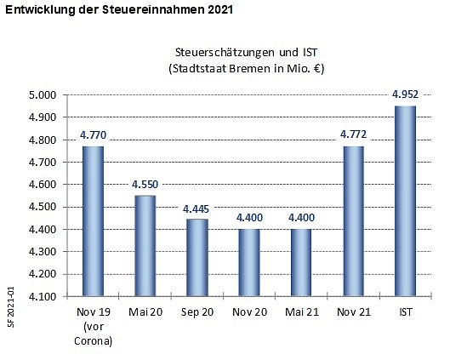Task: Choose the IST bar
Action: pyautogui.click(x=404, y=200)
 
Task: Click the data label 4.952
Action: pyautogui.click(x=404, y=94)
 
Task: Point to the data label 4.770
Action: pyautogui.click(x=93, y=134)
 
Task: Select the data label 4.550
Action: pyautogui.click(x=145, y=184)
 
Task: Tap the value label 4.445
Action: pyautogui.click(x=196, y=207)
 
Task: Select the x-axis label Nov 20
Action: pyautogui.click(x=248, y=312)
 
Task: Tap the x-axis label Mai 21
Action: pyautogui.click(x=300, y=312)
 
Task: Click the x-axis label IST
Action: pyautogui.click(x=404, y=312)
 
